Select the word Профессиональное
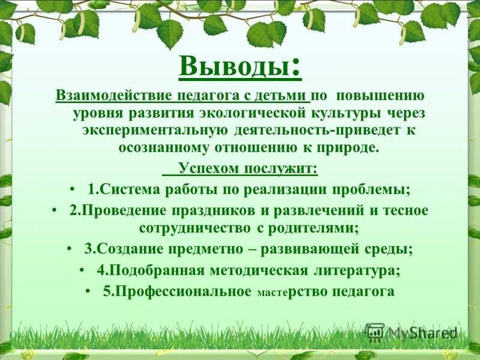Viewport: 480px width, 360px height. (x=184, y=292)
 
